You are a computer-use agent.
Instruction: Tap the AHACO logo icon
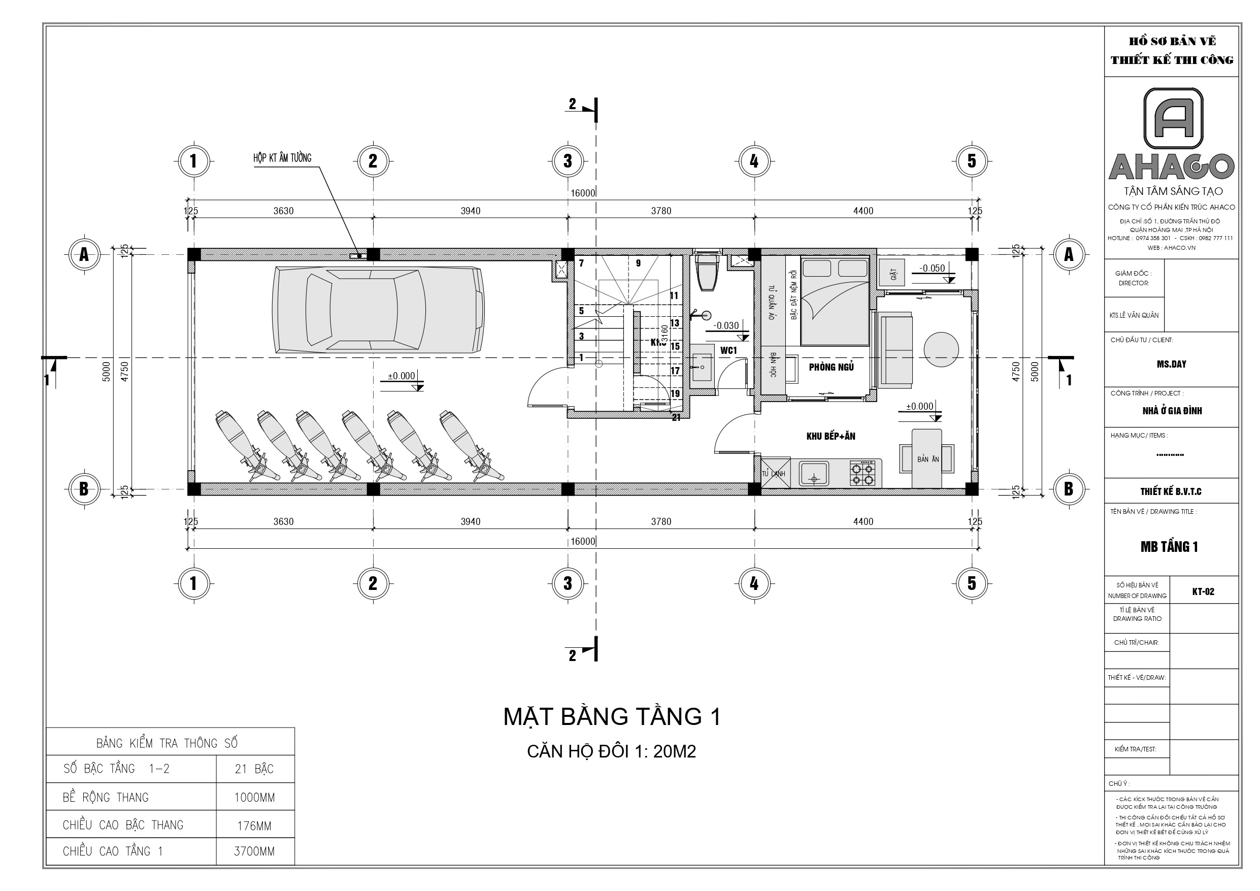click(1173, 119)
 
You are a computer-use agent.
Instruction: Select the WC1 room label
click(728, 350)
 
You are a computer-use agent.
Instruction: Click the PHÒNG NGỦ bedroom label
click(831, 367)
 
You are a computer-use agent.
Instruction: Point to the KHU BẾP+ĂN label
click(831, 437)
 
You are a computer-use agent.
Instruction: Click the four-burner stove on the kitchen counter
click(861, 474)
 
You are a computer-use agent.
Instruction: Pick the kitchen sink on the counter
click(813, 474)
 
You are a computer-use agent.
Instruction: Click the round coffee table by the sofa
click(941, 350)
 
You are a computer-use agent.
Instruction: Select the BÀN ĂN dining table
click(927, 458)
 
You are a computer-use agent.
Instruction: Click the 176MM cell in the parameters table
click(255, 826)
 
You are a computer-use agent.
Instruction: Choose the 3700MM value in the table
click(255, 851)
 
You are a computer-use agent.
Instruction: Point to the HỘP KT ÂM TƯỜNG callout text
click(282, 158)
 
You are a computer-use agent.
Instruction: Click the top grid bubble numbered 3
click(568, 161)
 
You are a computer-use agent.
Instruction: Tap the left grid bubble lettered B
click(84, 488)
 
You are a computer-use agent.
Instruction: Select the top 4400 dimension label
click(863, 211)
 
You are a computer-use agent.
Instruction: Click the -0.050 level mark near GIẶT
click(932, 269)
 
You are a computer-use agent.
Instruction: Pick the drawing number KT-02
click(1203, 591)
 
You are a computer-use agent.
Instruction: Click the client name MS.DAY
click(1171, 364)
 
